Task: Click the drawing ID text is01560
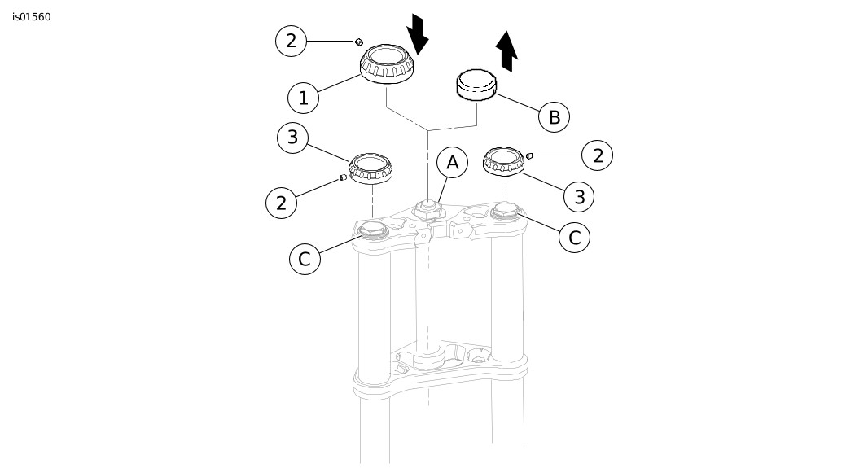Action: (32, 17)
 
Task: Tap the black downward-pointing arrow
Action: (418, 34)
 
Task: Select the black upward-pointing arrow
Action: (507, 51)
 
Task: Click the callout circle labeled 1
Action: (303, 98)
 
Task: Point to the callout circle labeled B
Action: (554, 116)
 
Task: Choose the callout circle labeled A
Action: (453, 162)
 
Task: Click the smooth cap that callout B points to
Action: (476, 85)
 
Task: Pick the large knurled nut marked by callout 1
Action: (387, 64)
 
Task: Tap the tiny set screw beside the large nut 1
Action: (359, 42)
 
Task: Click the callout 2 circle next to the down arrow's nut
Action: (292, 41)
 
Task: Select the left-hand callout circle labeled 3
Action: (293, 138)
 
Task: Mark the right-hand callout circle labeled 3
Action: (579, 196)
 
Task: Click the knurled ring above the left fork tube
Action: (370, 168)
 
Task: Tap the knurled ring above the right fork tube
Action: (504, 161)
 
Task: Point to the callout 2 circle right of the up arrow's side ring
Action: (598, 155)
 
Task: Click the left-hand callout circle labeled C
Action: (305, 259)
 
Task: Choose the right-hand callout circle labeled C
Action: (575, 237)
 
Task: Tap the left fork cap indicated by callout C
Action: (374, 230)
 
